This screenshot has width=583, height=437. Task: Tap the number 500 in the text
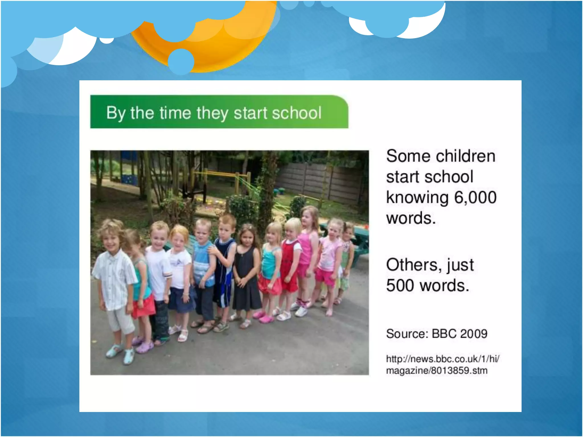tap(400, 285)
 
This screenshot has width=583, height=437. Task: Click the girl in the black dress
tap(246, 273)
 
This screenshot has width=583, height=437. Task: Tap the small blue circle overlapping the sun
tap(181, 61)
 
